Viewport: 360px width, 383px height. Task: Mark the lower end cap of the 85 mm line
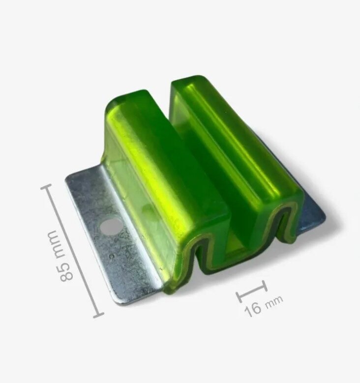pos(98,315)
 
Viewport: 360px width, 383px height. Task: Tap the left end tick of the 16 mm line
pos(240,297)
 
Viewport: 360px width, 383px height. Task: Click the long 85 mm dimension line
pos(72,251)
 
